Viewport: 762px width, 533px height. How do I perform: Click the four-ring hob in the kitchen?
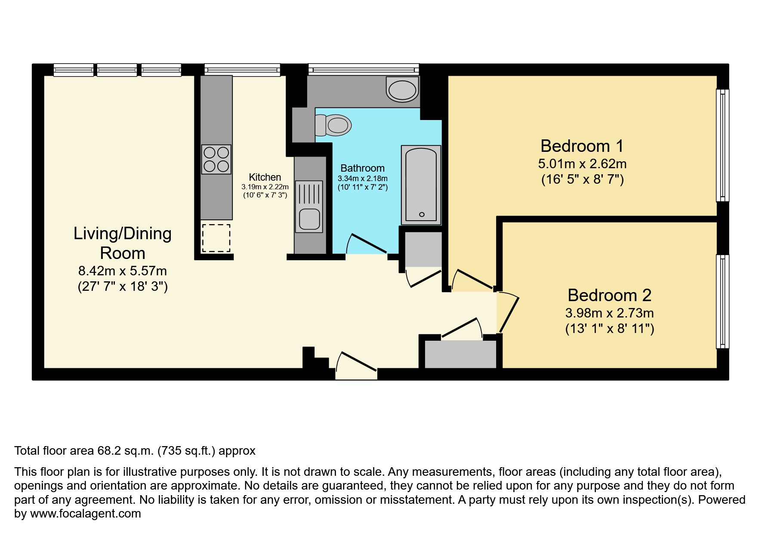pos(216,159)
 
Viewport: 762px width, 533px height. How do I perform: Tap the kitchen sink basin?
pos(309,219)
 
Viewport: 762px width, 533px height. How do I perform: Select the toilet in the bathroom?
pos(333,126)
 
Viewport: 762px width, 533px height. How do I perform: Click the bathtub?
pos(421,185)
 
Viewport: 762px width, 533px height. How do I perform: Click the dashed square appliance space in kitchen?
pos(216,238)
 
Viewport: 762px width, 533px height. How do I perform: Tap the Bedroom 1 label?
pos(582,146)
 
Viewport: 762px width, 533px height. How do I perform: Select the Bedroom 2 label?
pos(609,296)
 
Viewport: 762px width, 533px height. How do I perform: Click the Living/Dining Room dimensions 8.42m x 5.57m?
pos(123,271)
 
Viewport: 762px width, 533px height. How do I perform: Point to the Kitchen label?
pos(265,177)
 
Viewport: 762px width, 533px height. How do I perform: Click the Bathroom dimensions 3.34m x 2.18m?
pos(362,179)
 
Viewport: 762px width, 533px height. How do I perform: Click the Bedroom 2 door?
pos(508,313)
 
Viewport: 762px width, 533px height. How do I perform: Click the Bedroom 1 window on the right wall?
pos(722,145)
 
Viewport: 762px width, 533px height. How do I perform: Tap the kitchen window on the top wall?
pos(242,69)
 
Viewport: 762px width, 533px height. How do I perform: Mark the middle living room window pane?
pos(117,70)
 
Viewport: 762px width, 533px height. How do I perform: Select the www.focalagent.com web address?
pos(85,514)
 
